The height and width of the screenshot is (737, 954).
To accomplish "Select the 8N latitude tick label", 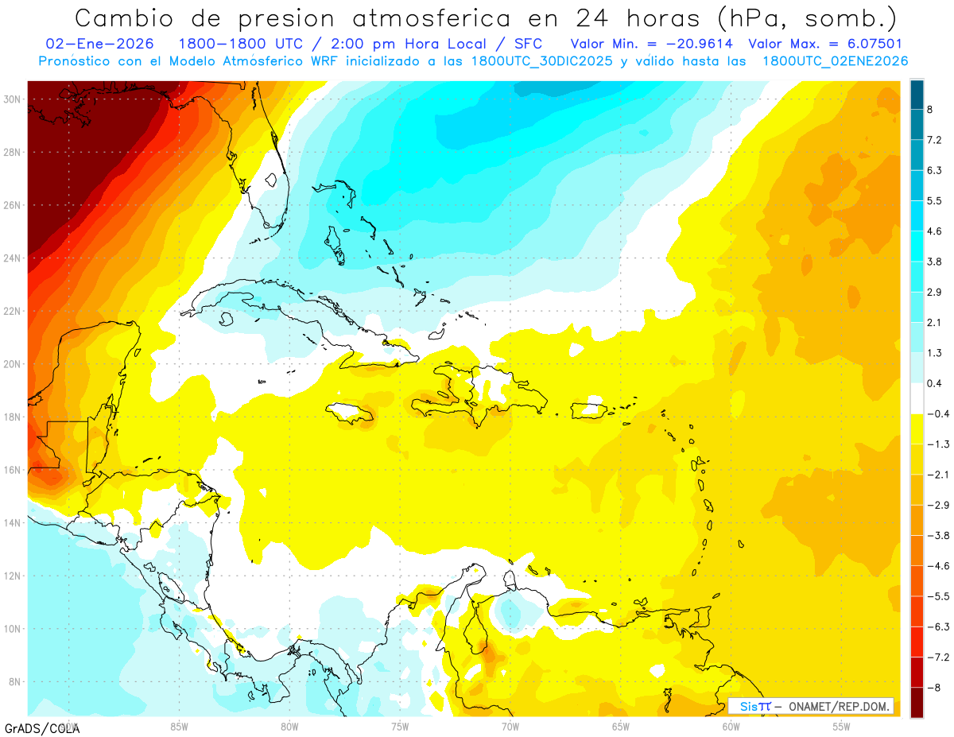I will [x=14, y=682].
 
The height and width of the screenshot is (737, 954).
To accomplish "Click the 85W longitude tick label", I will [x=179, y=726].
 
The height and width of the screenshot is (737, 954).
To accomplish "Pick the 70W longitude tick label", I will [x=510, y=726].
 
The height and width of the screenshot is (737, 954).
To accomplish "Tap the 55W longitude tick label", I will [x=842, y=726].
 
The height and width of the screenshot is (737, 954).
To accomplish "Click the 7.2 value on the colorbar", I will [x=934, y=141].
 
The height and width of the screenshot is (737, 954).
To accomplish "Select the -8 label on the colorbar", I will [x=934, y=687].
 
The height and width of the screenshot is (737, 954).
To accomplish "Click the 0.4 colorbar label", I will [x=934, y=384].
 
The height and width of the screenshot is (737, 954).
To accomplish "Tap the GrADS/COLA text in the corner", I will [x=41, y=727].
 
